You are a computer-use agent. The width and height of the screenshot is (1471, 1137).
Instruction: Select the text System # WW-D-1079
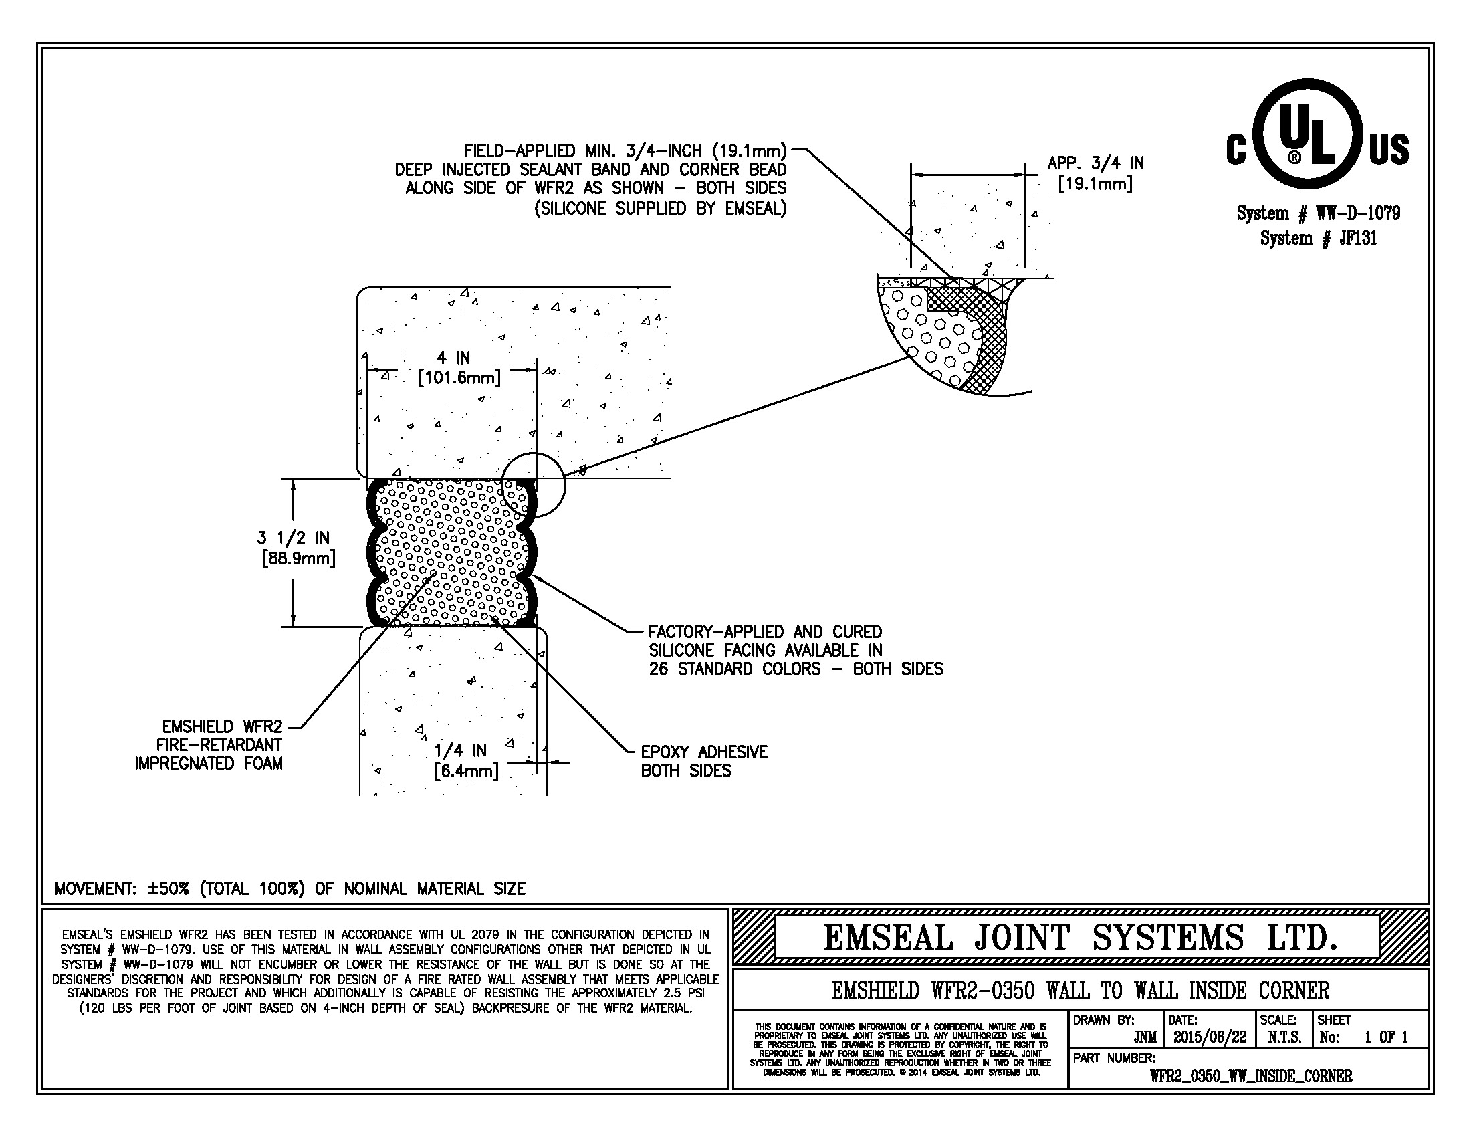pyautogui.click(x=1318, y=214)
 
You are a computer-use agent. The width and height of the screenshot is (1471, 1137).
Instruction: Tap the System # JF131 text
pyautogui.click(x=1318, y=239)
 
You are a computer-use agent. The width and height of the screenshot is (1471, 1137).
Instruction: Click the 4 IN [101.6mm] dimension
pyautogui.click(x=459, y=368)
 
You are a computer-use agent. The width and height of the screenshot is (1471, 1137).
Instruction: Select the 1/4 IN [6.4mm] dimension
pyautogui.click(x=465, y=760)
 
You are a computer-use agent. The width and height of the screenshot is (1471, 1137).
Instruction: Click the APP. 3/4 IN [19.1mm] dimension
pyautogui.click(x=1095, y=173)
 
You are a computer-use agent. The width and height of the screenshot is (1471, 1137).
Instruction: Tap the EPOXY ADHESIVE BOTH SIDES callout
pyautogui.click(x=703, y=761)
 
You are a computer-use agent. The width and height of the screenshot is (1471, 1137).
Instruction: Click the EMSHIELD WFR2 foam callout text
pyautogui.click(x=209, y=745)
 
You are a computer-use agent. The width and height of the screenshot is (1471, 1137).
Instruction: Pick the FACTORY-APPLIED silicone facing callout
pyautogui.click(x=795, y=651)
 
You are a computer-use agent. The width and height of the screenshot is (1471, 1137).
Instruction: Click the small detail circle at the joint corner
pyautogui.click(x=533, y=485)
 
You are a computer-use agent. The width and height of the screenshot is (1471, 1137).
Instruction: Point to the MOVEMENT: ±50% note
pyautogui.click(x=290, y=888)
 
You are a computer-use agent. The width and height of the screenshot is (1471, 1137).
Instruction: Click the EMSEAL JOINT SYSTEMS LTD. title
pyautogui.click(x=1080, y=938)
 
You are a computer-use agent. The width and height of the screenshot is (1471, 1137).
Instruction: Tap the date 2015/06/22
pyautogui.click(x=1210, y=1037)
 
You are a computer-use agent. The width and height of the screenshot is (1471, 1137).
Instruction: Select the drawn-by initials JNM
pyautogui.click(x=1145, y=1038)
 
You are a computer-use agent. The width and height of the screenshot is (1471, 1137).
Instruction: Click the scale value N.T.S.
pyautogui.click(x=1284, y=1037)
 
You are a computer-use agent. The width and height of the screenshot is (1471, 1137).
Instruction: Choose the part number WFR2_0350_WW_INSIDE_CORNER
pyautogui.click(x=1251, y=1076)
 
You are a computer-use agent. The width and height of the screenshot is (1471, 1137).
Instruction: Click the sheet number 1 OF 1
pyautogui.click(x=1386, y=1037)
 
